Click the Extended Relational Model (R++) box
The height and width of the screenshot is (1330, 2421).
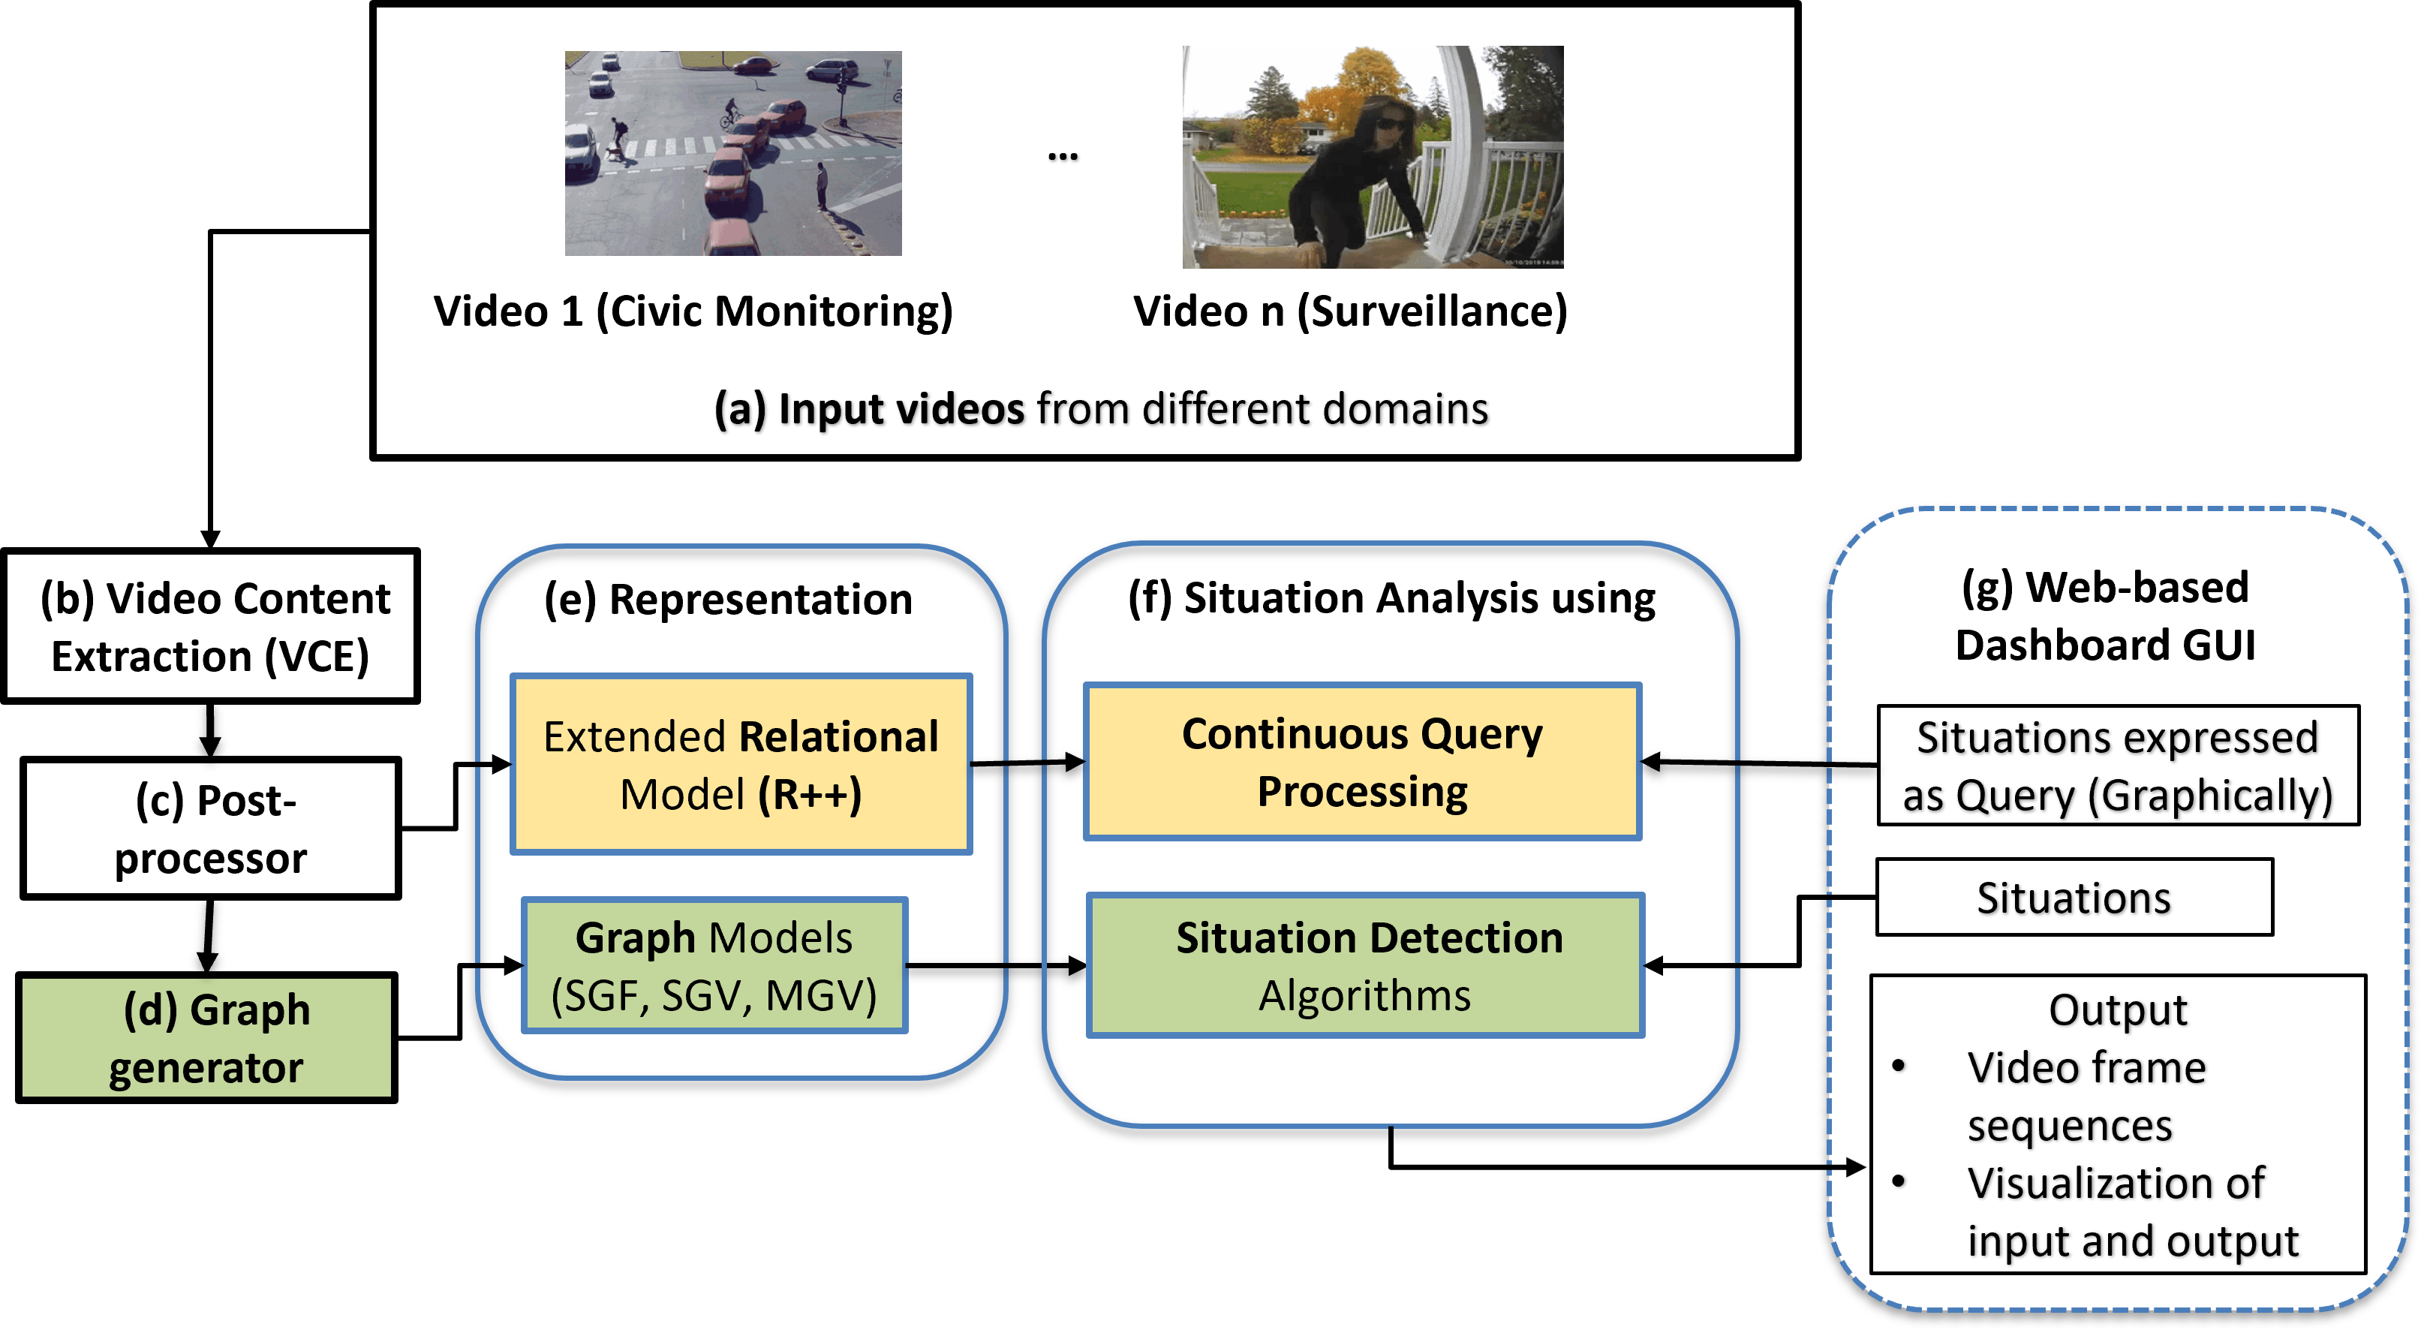741,764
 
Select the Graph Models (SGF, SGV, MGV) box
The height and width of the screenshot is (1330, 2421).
714,965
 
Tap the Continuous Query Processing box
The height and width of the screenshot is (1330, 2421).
1362,761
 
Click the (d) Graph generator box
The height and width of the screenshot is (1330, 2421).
207,1038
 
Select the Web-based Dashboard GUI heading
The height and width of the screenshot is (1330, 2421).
2105,615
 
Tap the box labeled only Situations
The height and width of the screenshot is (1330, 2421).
2074,898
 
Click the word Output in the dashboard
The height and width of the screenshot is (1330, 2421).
2117,1010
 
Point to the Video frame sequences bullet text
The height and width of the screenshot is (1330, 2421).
2086,1096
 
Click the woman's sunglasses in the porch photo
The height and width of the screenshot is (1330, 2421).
1390,123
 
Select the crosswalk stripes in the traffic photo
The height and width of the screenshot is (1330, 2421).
677,146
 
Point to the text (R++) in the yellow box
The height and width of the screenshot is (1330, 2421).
811,795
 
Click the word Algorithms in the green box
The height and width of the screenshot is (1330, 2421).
1364,996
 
